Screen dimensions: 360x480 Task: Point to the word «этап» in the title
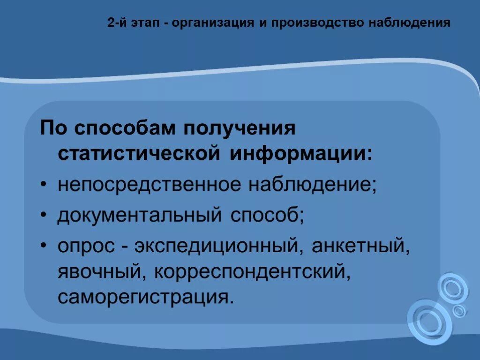[146, 23]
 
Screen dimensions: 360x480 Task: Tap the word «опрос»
[86, 246]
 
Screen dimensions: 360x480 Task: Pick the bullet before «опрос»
[44, 246]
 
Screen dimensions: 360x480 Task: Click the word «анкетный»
[360, 246]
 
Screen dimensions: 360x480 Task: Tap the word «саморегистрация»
[145, 297]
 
